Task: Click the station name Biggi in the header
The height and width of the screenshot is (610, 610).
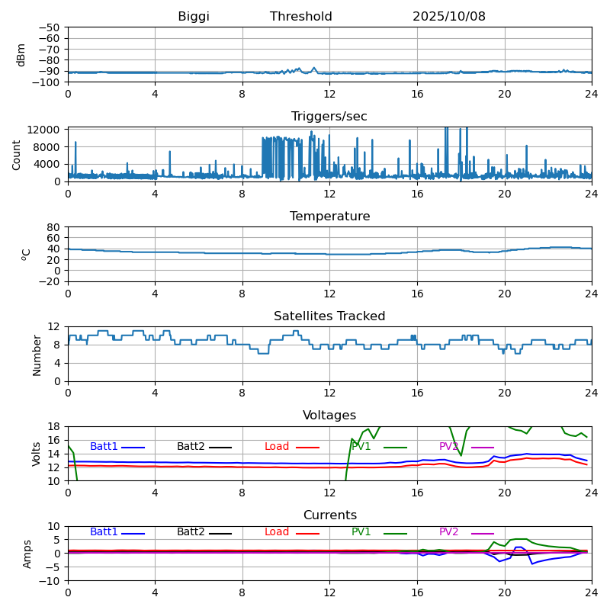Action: (194, 17)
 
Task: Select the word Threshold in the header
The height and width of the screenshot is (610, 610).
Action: (300, 17)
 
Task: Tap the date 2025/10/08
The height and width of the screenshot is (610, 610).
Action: (449, 17)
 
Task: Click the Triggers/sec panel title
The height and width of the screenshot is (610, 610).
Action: (329, 117)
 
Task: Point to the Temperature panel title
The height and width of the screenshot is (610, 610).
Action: (329, 217)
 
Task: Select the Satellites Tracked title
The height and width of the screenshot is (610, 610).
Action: (329, 316)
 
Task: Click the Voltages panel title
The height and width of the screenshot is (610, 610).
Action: (329, 416)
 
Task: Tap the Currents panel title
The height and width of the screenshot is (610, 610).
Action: (329, 515)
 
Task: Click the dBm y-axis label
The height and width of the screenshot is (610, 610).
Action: (21, 54)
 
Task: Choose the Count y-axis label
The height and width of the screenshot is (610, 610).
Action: (17, 154)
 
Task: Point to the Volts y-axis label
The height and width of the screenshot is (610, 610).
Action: (37, 454)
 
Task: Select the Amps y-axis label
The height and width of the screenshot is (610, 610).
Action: (27, 554)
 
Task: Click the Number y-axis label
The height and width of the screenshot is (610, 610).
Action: (37, 355)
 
